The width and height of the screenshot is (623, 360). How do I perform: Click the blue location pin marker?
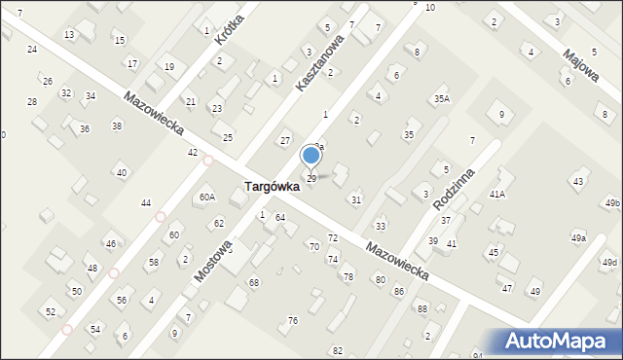(311, 156)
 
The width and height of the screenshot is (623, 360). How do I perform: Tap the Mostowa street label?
(212, 261)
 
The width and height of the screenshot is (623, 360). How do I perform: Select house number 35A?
(442, 98)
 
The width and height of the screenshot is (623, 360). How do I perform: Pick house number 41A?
(496, 195)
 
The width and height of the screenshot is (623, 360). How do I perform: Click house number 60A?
(206, 198)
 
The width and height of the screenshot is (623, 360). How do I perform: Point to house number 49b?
(611, 202)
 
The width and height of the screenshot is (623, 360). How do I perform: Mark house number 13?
(69, 35)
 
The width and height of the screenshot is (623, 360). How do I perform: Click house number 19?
(169, 66)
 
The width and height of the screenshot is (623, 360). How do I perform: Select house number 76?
(292, 321)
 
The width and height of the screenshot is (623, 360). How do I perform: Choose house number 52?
(51, 312)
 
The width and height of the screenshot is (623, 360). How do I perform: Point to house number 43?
(578, 182)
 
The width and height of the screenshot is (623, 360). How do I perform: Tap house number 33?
(381, 226)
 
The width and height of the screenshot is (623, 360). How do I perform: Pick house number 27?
(285, 141)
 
